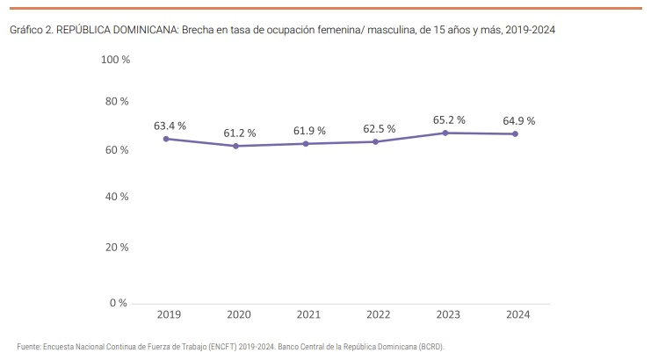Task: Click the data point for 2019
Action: click(166, 139)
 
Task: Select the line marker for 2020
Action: click(235, 146)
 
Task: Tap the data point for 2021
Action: click(306, 143)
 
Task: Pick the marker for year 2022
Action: click(376, 141)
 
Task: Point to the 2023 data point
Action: click(445, 133)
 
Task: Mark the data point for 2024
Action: click(515, 133)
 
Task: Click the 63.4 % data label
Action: click(170, 126)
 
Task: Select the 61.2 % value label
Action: click(239, 133)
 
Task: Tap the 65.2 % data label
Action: click(449, 119)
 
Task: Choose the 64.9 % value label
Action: click(518, 120)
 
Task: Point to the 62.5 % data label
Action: click(380, 129)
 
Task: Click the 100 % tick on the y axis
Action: click(115, 60)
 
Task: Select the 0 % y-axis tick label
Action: click(119, 303)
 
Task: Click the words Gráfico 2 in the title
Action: click(31, 30)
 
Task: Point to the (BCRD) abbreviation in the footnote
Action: click(430, 347)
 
